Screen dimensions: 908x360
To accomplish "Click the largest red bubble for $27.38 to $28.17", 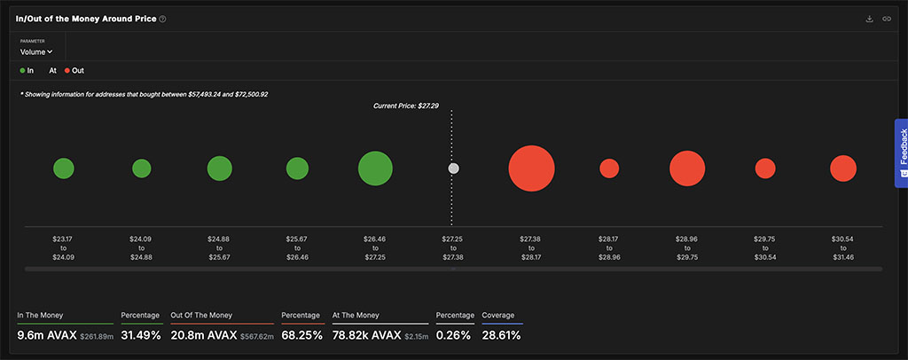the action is point(532,168).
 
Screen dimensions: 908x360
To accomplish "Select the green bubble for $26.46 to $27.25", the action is point(375,168).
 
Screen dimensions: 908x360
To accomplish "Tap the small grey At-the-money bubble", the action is point(453,168).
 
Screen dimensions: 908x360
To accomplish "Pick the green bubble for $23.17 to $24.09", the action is point(64,168).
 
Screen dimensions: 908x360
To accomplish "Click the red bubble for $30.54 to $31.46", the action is point(843,168).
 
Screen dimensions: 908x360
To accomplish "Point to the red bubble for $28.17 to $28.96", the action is point(609,168).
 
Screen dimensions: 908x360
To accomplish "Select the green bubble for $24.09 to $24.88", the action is point(142,168).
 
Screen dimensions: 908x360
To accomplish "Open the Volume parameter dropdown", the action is point(36,52).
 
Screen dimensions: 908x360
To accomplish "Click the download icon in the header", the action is point(869,20).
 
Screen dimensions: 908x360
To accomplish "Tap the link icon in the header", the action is point(887,20).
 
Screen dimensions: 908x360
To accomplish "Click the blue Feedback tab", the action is point(901,153).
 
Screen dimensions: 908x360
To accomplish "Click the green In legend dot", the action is point(22,71).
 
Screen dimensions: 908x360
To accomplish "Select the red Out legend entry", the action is point(74,71).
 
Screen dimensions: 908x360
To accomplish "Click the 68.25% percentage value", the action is point(301,335).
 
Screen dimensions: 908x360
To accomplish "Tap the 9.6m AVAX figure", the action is point(47,335).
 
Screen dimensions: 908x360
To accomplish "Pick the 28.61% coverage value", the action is point(502,335).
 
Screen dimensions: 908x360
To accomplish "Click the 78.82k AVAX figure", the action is point(366,335).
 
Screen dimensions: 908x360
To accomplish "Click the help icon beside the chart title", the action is point(163,20).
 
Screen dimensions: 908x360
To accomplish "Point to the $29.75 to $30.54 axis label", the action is point(765,247).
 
